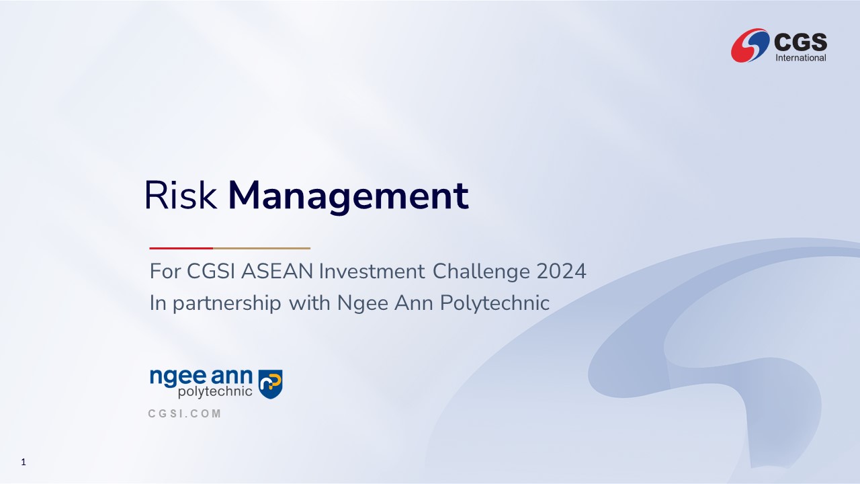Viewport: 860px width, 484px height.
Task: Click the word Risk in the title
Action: coord(181,195)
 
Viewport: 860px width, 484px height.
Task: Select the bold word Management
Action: coord(348,197)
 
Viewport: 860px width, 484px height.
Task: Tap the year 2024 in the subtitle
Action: coord(561,271)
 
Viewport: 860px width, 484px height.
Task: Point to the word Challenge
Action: coord(482,272)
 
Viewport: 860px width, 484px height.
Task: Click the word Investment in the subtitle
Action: coord(372,271)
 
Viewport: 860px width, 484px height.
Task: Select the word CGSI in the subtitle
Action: coord(211,271)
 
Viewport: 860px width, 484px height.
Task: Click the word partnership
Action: coord(227,303)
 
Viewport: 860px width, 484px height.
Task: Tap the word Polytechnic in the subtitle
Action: coord(494,303)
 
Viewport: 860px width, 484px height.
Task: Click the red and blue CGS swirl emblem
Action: coord(750,45)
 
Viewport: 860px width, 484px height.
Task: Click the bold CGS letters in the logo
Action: coord(800,42)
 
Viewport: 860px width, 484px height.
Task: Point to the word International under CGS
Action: coord(801,58)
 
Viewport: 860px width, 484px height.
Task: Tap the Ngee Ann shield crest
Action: coord(270,384)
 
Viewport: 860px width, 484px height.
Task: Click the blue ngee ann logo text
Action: coord(201,377)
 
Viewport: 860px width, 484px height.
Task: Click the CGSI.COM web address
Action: coord(184,413)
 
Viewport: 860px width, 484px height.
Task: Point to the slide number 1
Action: coord(24,462)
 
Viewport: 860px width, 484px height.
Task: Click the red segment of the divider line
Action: coord(181,249)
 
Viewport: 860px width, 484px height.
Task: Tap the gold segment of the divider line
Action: coord(261,249)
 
